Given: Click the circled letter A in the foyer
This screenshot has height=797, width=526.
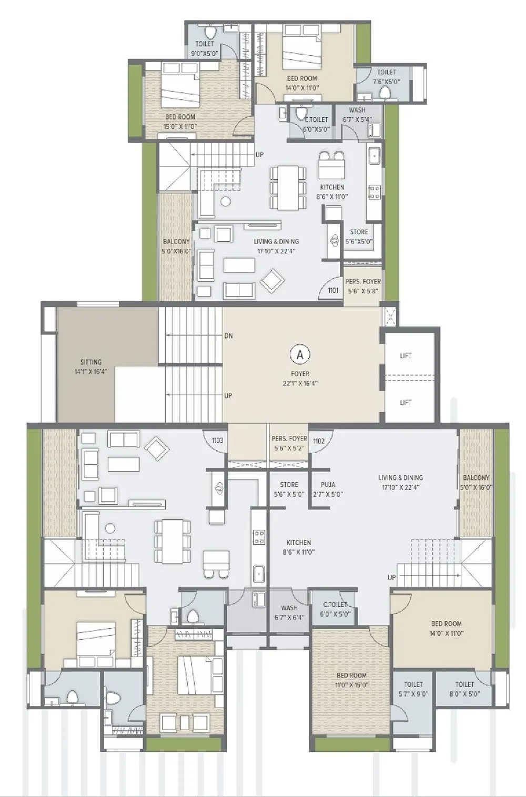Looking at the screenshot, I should click(300, 354).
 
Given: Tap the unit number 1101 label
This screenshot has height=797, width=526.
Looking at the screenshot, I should click(333, 290).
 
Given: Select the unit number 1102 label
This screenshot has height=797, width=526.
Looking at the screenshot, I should click(319, 441).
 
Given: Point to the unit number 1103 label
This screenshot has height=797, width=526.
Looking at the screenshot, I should click(217, 441).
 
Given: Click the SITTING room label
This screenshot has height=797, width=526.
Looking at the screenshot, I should click(91, 366).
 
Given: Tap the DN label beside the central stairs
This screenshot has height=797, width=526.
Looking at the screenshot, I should click(228, 335).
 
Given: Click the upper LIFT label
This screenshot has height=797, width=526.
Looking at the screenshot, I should click(406, 356).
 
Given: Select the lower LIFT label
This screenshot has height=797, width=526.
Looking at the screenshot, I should click(406, 402).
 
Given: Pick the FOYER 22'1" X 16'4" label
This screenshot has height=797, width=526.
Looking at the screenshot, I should click(300, 379).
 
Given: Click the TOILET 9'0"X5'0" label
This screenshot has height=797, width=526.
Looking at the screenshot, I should click(205, 48).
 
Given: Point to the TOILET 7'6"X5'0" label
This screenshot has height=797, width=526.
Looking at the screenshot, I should click(387, 77).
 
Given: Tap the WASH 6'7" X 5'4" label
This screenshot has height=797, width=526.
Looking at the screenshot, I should click(357, 115).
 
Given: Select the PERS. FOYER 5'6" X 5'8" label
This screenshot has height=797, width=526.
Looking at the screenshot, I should click(363, 285).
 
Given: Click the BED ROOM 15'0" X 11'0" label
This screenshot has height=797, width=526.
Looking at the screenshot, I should click(180, 121).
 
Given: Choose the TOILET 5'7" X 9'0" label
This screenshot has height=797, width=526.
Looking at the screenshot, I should click(413, 689).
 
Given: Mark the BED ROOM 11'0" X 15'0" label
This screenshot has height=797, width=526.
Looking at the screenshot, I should click(352, 680).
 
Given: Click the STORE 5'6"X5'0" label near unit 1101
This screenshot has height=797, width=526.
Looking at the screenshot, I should click(359, 237).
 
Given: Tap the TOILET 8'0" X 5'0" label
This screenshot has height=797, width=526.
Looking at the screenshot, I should click(464, 689).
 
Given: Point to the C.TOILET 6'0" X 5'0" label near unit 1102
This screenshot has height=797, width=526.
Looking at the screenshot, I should click(335, 609).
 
